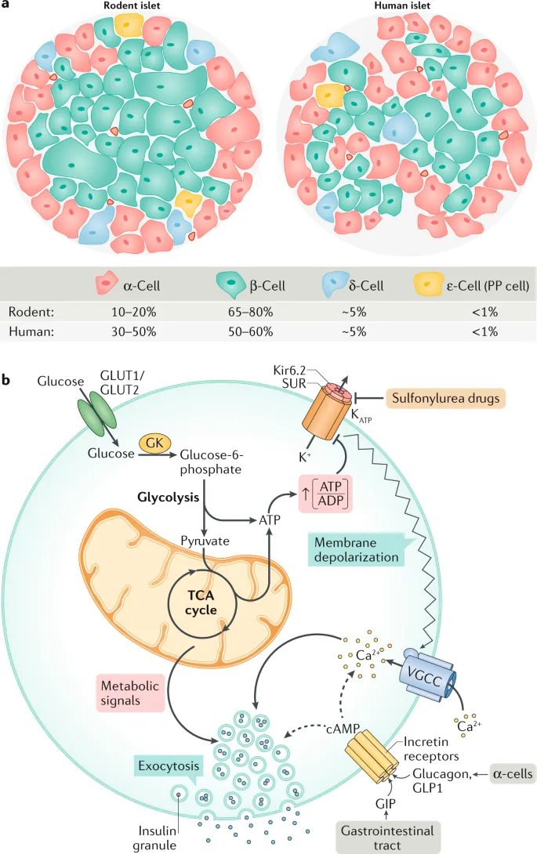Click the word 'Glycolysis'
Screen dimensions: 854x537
click(171, 497)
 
